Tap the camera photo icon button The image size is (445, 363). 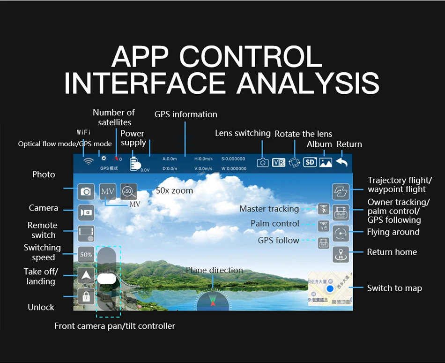(x=86, y=191)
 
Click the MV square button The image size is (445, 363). (x=107, y=191)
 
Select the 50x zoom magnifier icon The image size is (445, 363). (x=128, y=191)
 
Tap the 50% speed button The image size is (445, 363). (x=86, y=255)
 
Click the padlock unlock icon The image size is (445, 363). (x=86, y=296)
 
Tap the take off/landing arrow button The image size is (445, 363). (x=86, y=276)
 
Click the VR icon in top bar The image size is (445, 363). (x=279, y=162)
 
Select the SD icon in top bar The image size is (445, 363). (x=310, y=162)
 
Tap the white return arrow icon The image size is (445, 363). (x=342, y=162)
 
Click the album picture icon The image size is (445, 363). (x=326, y=162)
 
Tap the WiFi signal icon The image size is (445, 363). (x=88, y=161)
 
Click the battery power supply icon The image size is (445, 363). (x=135, y=163)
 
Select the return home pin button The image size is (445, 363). (x=341, y=254)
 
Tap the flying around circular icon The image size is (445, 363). (x=341, y=233)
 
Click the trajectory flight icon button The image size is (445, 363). (x=341, y=191)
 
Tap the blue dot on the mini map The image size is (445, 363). (x=330, y=288)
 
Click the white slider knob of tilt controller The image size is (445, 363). (x=106, y=278)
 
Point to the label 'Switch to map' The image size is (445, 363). (x=394, y=288)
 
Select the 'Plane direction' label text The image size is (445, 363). (x=214, y=270)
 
